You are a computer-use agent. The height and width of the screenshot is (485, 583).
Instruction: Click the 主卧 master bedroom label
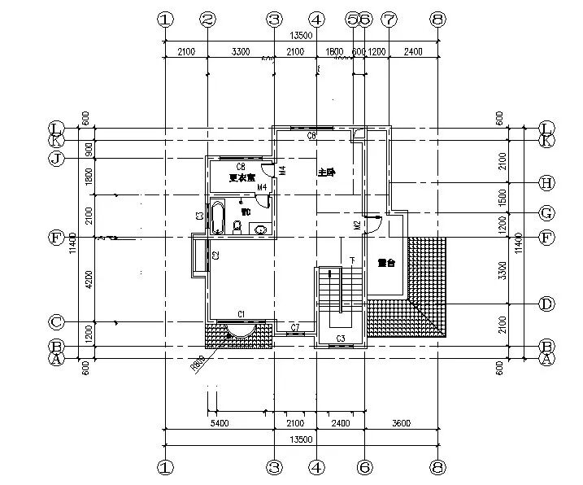[326, 173]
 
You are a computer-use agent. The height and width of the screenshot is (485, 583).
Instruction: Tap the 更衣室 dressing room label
[241, 177]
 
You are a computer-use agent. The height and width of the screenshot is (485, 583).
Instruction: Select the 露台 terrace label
[385, 263]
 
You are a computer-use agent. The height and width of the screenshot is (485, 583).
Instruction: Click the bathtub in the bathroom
[217, 218]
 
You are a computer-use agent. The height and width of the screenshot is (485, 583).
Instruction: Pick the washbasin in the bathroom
[260, 229]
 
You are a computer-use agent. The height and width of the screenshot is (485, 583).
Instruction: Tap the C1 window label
[241, 314]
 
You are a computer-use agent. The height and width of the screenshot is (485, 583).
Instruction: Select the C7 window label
[295, 327]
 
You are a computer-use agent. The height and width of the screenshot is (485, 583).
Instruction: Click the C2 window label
[216, 256]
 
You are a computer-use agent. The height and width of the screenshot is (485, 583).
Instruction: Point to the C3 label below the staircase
[342, 338]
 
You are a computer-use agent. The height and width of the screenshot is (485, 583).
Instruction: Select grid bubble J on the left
[56, 158]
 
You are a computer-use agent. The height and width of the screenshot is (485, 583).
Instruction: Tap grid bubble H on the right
[546, 181]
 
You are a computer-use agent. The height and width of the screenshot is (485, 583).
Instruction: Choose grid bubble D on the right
[546, 304]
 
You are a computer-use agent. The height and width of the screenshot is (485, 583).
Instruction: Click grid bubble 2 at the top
[207, 19]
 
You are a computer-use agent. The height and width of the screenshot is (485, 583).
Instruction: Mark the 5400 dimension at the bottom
[219, 424]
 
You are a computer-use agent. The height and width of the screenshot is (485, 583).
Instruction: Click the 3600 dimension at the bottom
[400, 424]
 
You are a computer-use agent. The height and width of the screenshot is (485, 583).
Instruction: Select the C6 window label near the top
[311, 136]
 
